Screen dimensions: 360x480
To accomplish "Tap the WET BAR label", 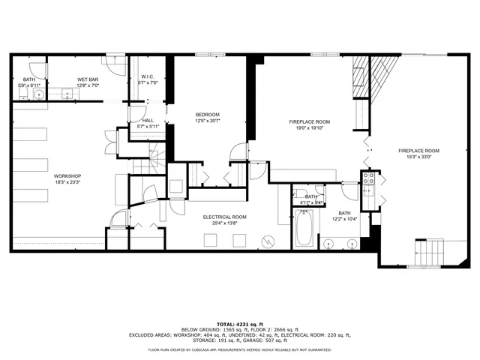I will (x=88, y=79).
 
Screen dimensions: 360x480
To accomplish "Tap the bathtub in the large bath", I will (x=304, y=229).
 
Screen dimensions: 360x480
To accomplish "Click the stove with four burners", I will (x=368, y=178).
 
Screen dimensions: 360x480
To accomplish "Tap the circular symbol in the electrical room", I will (x=268, y=241).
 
